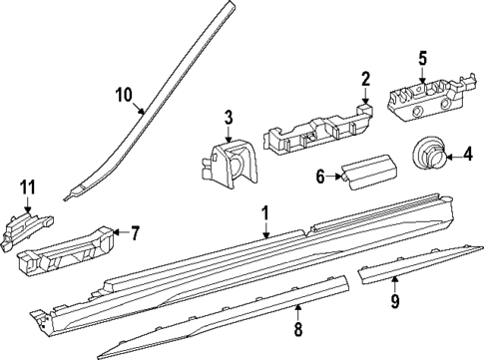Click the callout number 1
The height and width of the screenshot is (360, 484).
265,212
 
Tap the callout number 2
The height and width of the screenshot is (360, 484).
365,79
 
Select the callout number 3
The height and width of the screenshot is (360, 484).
229,118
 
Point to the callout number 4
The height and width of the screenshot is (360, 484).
468,155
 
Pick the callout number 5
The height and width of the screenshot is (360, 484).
422,58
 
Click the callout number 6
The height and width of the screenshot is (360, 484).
320,177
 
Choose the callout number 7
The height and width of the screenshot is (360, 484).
134,232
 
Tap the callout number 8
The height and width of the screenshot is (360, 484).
298,329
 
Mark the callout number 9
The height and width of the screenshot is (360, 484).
394,301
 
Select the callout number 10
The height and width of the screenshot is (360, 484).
125,95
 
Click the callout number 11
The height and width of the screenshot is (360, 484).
28,187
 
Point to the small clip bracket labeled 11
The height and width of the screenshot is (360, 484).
27,229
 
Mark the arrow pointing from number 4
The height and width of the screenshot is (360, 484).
454,156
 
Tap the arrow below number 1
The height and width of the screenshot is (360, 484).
265,230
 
